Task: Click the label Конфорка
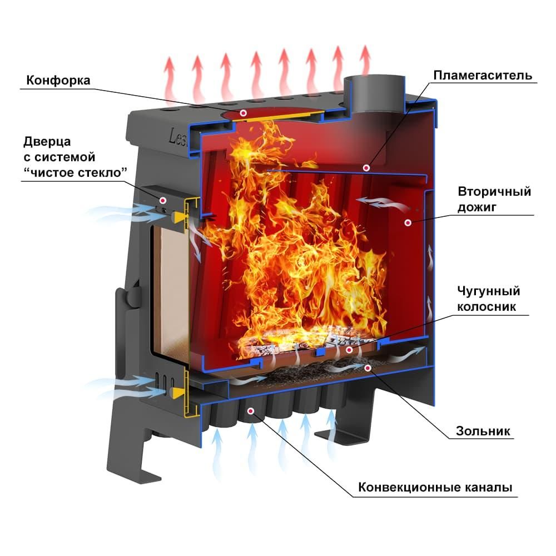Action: [x=58, y=80]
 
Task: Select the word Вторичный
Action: [x=494, y=192]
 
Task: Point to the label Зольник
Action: [x=483, y=431]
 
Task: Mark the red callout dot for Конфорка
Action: [x=243, y=113]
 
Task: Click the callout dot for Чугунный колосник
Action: [x=349, y=350]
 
